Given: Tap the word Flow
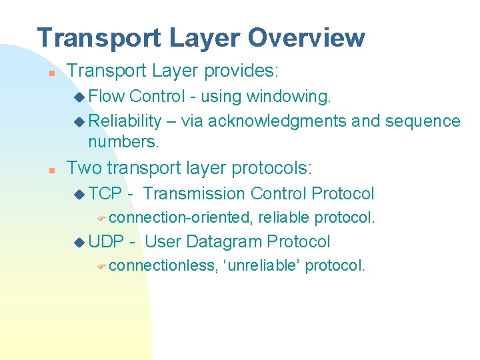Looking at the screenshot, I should coord(106,97).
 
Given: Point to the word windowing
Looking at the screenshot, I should coord(289,97).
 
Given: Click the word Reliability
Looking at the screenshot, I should coord(125,121).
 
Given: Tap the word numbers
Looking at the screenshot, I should coord(123,142).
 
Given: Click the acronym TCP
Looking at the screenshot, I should coord(105,194).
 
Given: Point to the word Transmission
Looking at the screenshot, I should coord(193,194).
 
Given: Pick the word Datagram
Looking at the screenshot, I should coord(224,241).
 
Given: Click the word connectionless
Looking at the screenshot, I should coord(163,265).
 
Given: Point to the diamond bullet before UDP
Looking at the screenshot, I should coord(80,242).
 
